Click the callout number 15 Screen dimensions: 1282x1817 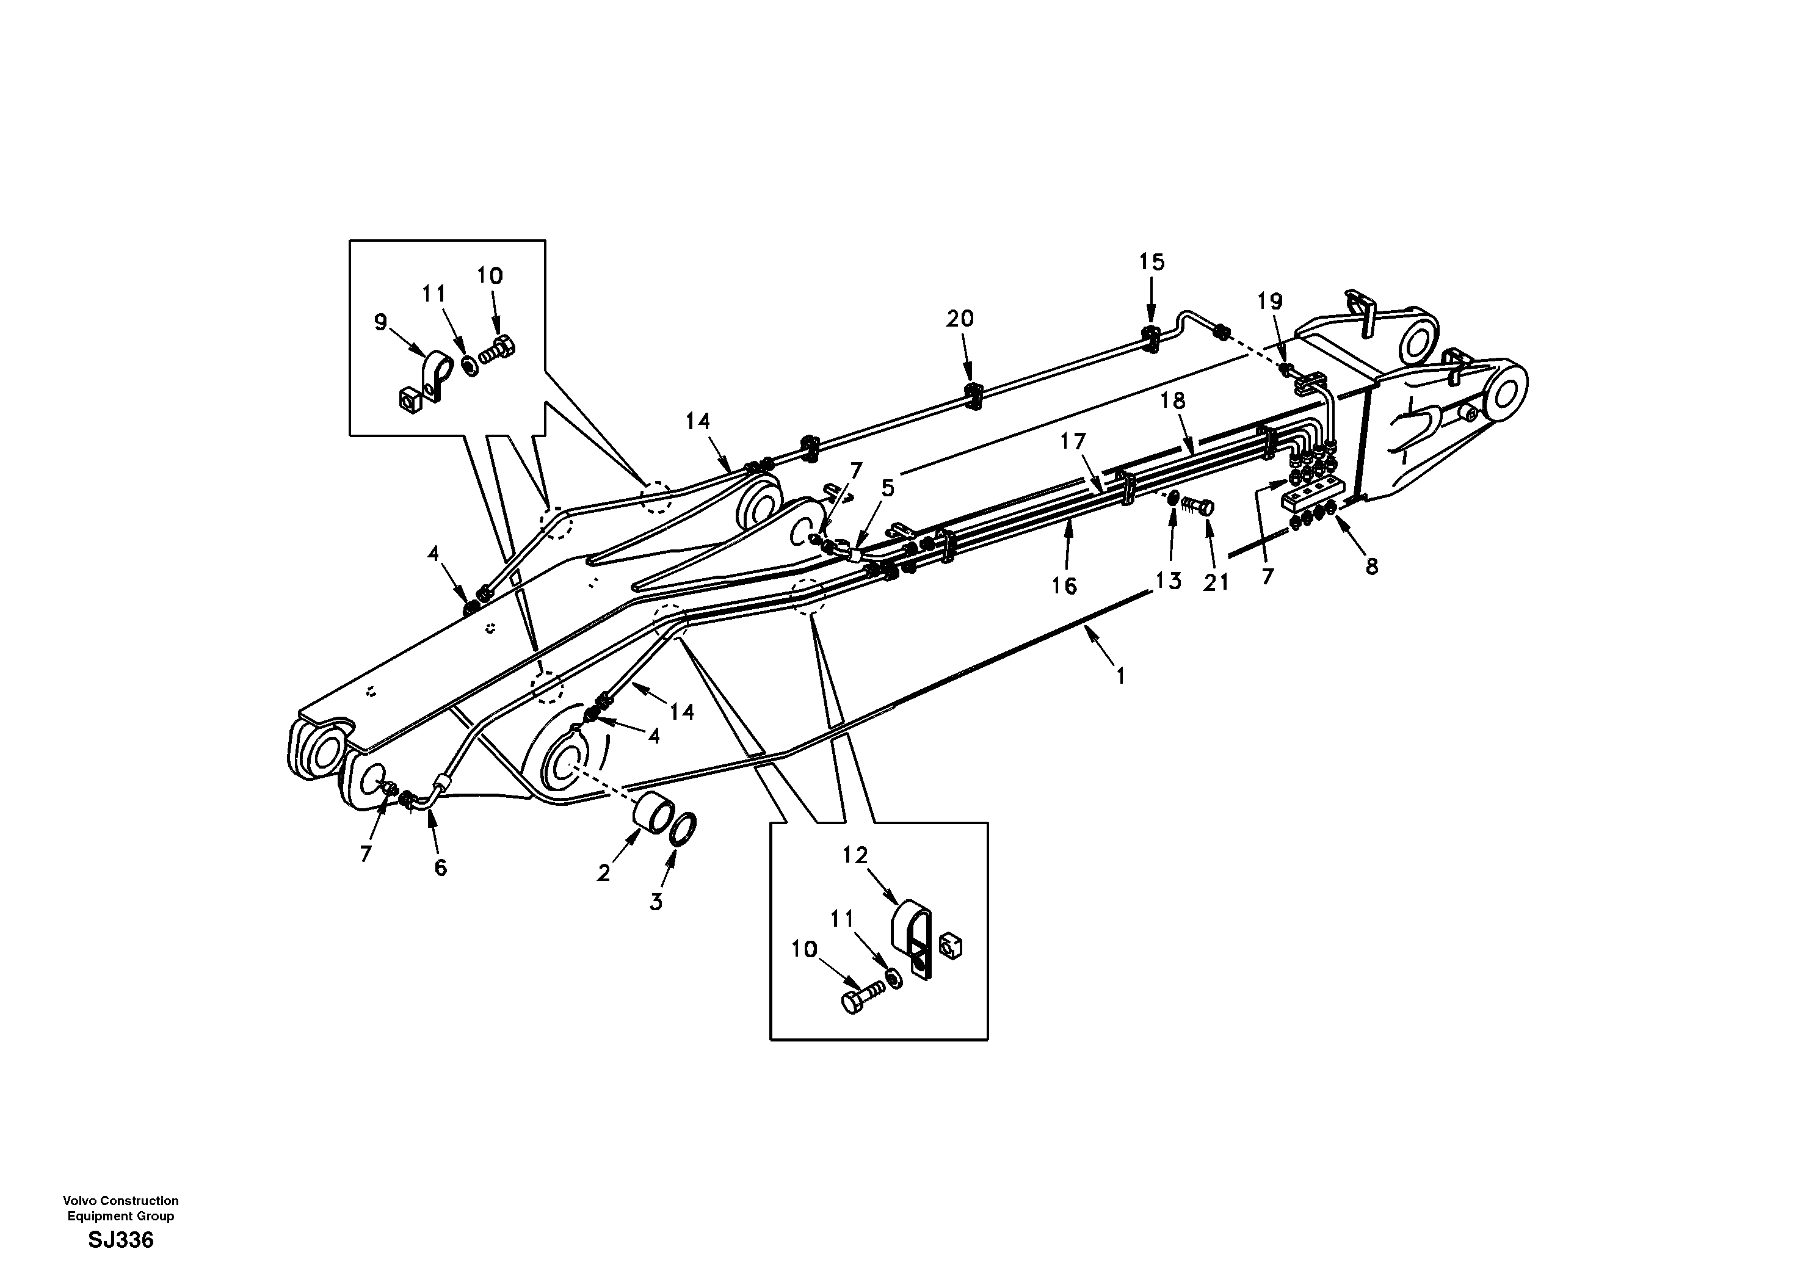coord(1151,262)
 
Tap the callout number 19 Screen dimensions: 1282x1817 coord(1269,301)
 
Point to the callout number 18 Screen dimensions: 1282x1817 coord(1173,401)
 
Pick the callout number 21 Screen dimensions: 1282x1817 coord(1216,582)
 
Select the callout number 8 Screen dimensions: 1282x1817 coord(1371,566)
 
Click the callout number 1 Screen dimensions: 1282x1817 coord(1120,676)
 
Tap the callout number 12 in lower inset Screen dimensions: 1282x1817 coord(855,855)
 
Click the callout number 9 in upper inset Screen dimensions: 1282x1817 coord(380,322)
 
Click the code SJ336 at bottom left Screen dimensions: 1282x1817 coord(120,1240)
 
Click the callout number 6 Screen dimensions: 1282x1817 coord(441,868)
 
